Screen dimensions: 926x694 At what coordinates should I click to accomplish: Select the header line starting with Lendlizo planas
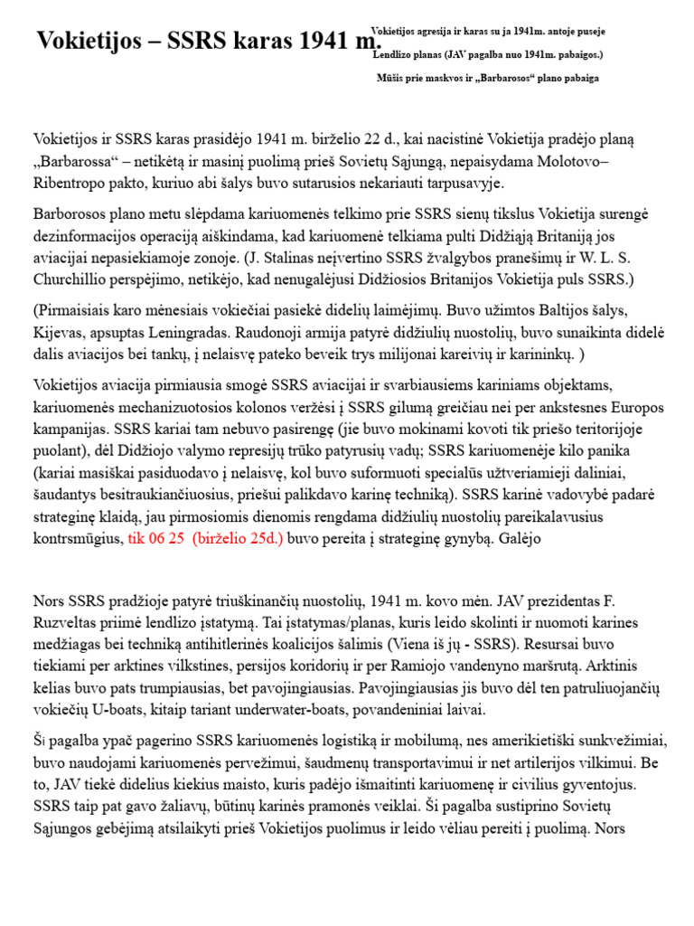click(x=488, y=55)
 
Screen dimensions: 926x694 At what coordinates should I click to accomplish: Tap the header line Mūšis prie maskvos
click(x=488, y=79)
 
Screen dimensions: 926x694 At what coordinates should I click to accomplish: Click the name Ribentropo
click(x=73, y=183)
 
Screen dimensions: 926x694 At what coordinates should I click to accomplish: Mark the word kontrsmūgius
click(x=78, y=537)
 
